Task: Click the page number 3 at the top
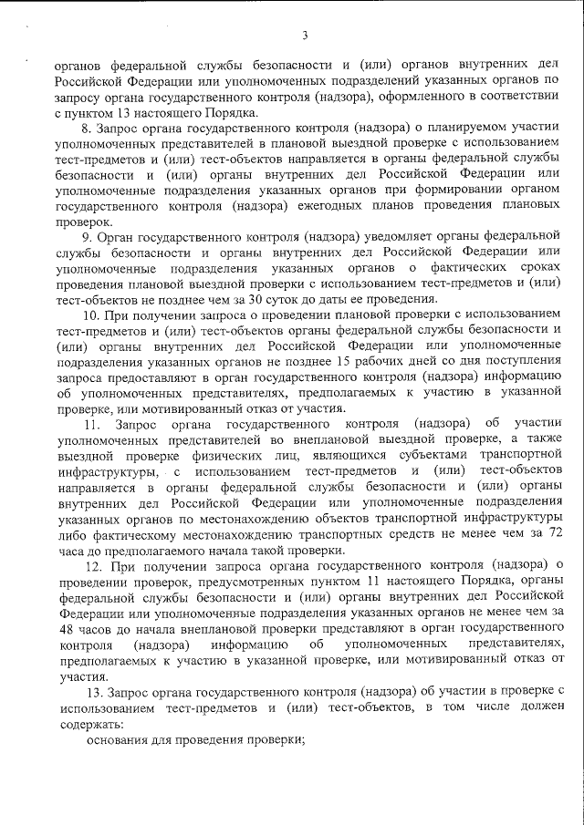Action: click(x=304, y=36)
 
